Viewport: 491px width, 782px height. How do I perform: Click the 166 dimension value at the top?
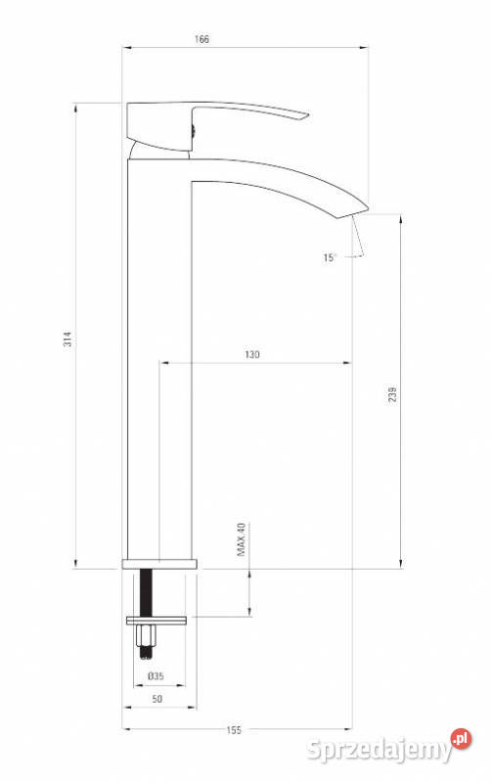(202, 39)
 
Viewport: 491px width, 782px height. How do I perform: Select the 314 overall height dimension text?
(67, 339)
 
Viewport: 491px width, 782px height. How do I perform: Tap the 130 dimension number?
(253, 355)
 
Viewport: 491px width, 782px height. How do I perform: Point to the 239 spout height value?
(392, 394)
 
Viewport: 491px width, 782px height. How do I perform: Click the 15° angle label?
(330, 258)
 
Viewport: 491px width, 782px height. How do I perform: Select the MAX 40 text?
(238, 541)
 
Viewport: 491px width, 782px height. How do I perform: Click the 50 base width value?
(157, 700)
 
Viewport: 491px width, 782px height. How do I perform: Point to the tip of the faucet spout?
(359, 208)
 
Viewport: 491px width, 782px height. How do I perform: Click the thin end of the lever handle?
(301, 119)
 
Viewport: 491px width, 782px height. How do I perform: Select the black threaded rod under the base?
(149, 591)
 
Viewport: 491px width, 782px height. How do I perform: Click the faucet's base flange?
(159, 564)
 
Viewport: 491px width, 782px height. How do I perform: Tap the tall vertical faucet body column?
(160, 371)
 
